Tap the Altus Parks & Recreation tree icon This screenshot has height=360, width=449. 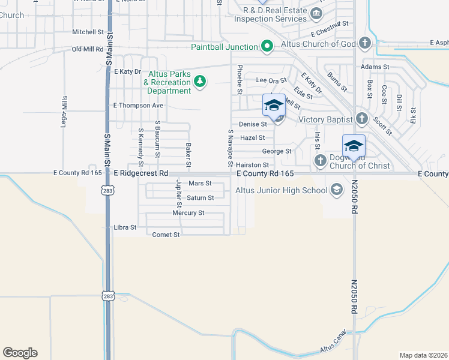click(199, 82)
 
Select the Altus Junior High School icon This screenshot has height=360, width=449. click(336, 190)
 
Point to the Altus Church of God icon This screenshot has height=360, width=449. click(365, 43)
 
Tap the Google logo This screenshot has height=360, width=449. click(20, 352)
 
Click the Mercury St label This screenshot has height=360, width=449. click(188, 213)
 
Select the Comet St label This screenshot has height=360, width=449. click(166, 235)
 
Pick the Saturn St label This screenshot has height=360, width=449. click(200, 197)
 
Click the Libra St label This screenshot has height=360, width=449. click(125, 228)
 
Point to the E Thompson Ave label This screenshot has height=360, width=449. click(139, 106)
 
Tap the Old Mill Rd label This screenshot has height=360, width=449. click(88, 49)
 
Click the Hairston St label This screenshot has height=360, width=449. click(252, 164)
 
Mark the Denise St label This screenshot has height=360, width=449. click(253, 124)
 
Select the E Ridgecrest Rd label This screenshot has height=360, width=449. click(140, 173)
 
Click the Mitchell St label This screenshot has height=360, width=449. click(88, 32)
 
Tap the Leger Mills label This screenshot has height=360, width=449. click(64, 110)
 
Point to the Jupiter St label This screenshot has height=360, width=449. click(178, 193)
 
